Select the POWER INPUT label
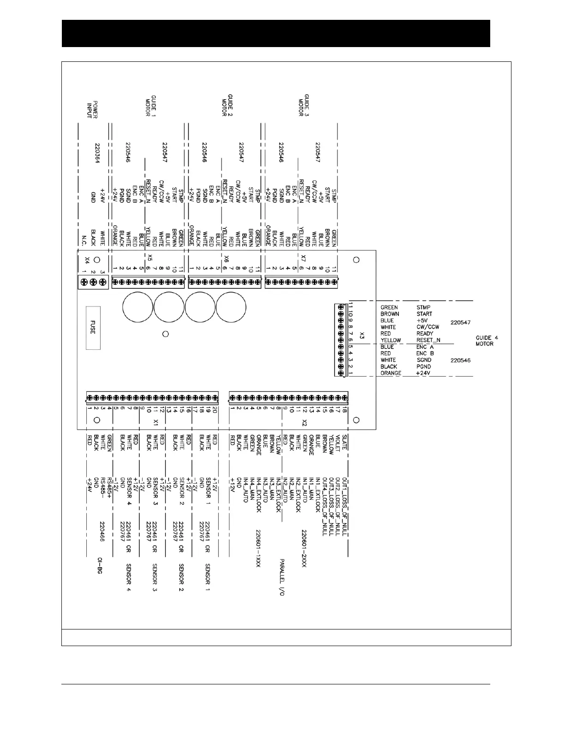[x=92, y=109]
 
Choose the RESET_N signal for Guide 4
[x=428, y=340]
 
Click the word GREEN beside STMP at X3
[x=389, y=307]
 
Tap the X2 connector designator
[x=304, y=422]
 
